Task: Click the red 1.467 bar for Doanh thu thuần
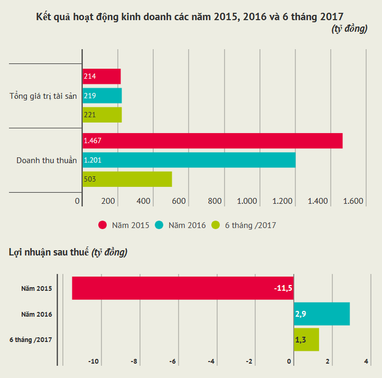pos(212,141)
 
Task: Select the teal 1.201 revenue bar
pos(189,160)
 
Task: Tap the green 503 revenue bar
pos(127,179)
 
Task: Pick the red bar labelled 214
pos(101,76)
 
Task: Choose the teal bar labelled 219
pos(102,95)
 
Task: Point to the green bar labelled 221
pos(102,114)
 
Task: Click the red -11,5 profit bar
pos(183,288)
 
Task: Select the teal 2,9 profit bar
pos(322,314)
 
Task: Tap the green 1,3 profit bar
pos(306,339)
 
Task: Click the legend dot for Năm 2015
pos(103,225)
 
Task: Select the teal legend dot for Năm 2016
pos(160,225)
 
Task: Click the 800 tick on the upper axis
pos(215,201)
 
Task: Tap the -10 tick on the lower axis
pos(94,362)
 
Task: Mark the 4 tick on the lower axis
pos(366,362)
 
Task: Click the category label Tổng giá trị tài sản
pos(43,95)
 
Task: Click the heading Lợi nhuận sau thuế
pos(49,252)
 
